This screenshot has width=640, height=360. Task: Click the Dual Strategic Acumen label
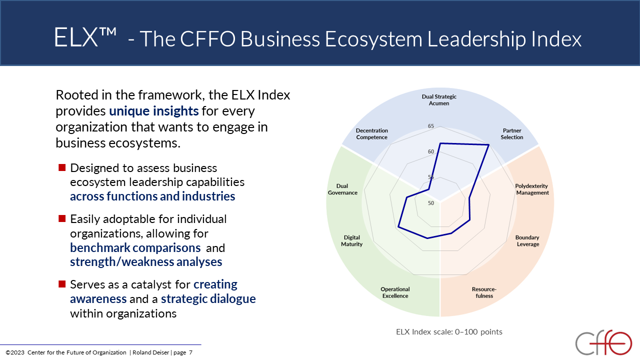point(439,100)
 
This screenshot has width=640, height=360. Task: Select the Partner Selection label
point(511,133)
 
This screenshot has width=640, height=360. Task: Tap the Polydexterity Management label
point(532,189)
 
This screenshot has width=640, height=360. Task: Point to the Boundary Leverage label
point(527,240)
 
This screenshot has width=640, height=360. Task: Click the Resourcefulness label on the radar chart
point(484,292)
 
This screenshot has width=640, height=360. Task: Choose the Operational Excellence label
point(395,292)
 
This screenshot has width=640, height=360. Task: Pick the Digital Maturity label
point(351,240)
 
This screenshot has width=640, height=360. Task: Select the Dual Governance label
point(342,189)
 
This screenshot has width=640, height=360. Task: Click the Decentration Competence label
point(371,133)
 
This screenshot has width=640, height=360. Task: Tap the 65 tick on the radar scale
point(431,126)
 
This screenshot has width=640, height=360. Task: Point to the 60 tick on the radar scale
point(431,151)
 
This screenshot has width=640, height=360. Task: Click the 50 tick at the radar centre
point(431,203)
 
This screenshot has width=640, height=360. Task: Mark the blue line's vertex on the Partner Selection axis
point(489,145)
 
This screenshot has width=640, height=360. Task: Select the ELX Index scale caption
point(449,331)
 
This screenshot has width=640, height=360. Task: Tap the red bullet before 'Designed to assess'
point(62,167)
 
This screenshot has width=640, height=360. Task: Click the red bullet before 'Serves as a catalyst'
point(62,284)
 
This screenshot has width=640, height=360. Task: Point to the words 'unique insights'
point(153,111)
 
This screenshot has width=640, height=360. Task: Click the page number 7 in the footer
point(190,352)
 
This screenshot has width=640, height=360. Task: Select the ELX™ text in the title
point(85,37)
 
